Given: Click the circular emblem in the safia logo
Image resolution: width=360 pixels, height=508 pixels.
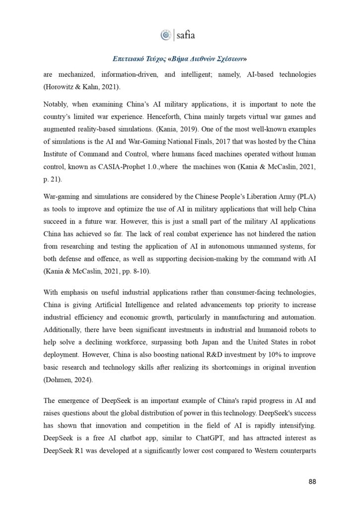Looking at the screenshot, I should (165, 35).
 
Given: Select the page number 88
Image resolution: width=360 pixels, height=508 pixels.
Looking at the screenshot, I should (312, 481).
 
